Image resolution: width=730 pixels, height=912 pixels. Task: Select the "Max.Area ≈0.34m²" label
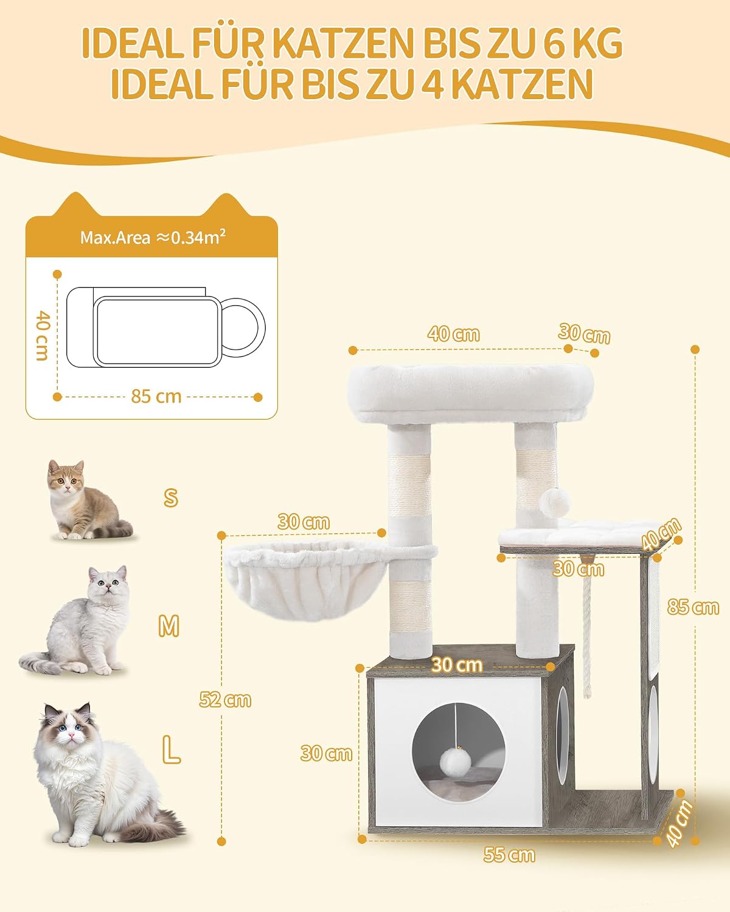(x=153, y=237)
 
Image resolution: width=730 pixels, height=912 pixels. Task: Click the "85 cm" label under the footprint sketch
(x=156, y=396)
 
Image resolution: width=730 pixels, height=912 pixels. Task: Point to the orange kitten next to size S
(x=88, y=500)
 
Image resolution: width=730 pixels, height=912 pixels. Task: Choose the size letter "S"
(x=170, y=497)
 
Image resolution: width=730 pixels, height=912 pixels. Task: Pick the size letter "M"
(x=169, y=626)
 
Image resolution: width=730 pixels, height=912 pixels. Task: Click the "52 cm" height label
(x=225, y=699)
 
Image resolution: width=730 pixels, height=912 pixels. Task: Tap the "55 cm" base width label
(x=509, y=855)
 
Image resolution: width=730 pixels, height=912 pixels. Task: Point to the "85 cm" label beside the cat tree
(x=693, y=607)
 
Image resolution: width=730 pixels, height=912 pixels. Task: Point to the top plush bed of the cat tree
(x=470, y=393)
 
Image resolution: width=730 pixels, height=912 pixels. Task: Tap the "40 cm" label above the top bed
(x=454, y=334)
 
